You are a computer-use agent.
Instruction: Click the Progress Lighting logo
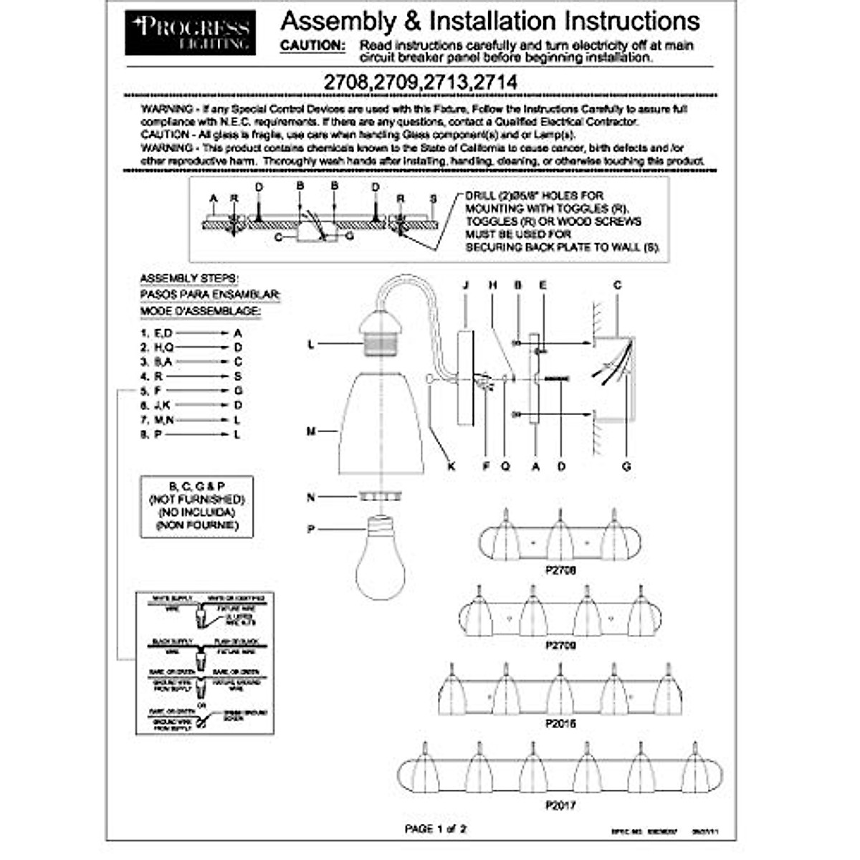coord(190,32)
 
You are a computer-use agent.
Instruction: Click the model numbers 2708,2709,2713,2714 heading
coord(420,82)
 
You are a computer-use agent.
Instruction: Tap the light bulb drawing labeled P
coord(381,556)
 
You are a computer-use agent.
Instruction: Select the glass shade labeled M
coord(380,423)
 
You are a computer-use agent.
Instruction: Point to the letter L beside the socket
coord(311,345)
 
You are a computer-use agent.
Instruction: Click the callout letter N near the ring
coord(311,497)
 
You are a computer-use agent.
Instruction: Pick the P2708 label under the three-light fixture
coord(560,570)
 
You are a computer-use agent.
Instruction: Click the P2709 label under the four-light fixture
coord(560,645)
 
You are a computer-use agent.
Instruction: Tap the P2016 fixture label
coord(560,723)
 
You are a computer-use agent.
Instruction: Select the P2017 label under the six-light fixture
coord(560,805)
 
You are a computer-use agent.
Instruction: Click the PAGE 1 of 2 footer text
coord(436,829)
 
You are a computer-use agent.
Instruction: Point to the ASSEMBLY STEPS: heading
coord(189,278)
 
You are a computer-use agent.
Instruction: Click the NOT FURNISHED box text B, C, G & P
coord(196,486)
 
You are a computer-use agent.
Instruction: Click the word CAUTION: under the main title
coord(312,45)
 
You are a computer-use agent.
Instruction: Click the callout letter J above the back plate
coord(466,285)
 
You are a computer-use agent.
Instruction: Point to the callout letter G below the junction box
coord(626,466)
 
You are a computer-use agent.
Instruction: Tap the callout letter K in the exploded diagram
coord(451,466)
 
